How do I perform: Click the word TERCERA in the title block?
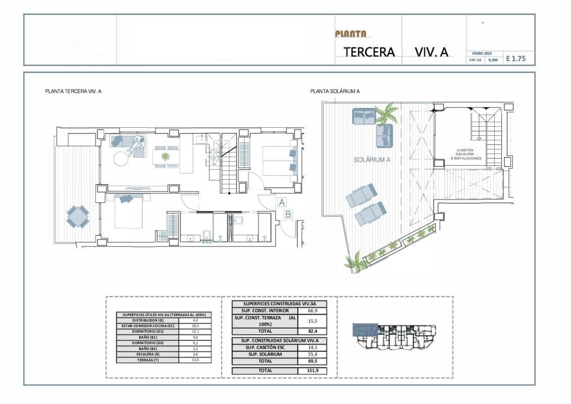[369, 52]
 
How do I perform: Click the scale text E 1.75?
[516, 59]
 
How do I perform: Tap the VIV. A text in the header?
[432, 52]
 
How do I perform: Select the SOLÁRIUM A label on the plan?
[373, 159]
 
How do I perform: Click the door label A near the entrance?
[281, 202]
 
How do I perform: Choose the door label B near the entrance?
[288, 214]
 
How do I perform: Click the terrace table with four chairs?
[78, 216]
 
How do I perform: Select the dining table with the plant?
[166, 156]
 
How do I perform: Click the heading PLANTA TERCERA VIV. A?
[74, 91]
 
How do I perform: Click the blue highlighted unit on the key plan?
[364, 330]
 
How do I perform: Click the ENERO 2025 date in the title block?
[482, 53]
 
